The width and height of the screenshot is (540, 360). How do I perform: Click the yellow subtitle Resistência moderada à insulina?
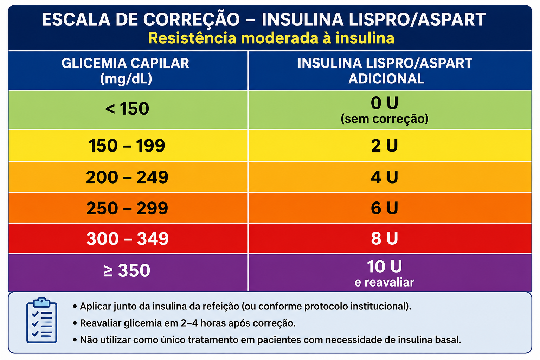(x=271, y=38)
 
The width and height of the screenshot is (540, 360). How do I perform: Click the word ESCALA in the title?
(x=76, y=19)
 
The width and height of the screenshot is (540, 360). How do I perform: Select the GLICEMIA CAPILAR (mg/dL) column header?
(x=126, y=71)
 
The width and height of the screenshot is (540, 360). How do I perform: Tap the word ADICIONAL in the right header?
(x=386, y=79)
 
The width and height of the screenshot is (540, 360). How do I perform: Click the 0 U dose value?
(x=384, y=103)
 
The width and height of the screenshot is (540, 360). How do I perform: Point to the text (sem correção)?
(x=385, y=118)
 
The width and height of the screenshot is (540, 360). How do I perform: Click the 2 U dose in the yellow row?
(x=384, y=146)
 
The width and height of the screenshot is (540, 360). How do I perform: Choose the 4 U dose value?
(x=384, y=177)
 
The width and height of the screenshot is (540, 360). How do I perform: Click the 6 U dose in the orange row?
(x=384, y=208)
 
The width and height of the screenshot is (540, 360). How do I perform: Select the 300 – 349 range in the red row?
(x=128, y=239)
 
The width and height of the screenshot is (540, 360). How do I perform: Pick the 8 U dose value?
(x=384, y=238)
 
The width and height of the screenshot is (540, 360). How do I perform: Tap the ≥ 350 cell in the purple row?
(x=127, y=270)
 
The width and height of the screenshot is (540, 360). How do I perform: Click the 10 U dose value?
(x=384, y=266)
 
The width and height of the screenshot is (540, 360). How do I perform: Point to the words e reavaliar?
(x=384, y=282)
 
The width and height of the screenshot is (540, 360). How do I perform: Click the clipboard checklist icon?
(x=42, y=320)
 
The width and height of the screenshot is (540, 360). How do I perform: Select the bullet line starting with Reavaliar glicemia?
(x=185, y=323)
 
